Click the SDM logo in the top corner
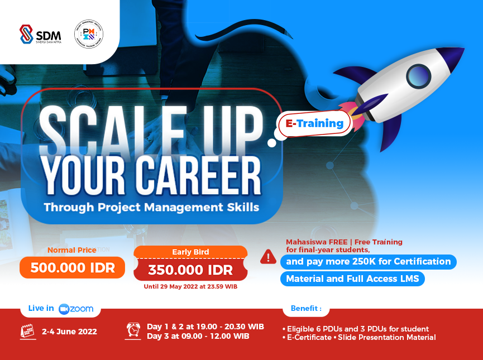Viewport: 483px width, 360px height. pyautogui.click(x=40, y=34)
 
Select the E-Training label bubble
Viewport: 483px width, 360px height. pyautogui.click(x=314, y=123)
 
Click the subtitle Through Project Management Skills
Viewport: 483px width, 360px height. pyautogui.click(x=151, y=207)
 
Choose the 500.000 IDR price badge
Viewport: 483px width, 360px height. pyautogui.click(x=73, y=267)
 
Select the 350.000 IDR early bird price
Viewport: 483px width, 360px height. pyautogui.click(x=190, y=271)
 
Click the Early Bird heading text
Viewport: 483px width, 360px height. pyautogui.click(x=190, y=252)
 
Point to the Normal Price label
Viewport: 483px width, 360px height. pyautogui.click(x=72, y=250)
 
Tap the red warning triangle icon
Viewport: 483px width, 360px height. pyautogui.click(x=268, y=257)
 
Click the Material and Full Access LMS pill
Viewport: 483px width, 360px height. pyautogui.click(x=352, y=279)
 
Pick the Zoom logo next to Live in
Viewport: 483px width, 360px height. pyautogui.click(x=76, y=309)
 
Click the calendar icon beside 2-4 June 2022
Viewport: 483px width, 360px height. pyautogui.click(x=27, y=331)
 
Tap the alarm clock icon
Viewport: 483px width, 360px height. pyautogui.click(x=133, y=330)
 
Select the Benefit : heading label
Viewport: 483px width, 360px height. pyautogui.click(x=305, y=308)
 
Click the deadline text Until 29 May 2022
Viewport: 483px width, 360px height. pyautogui.click(x=190, y=286)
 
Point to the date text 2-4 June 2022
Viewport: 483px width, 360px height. pyautogui.click(x=69, y=332)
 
